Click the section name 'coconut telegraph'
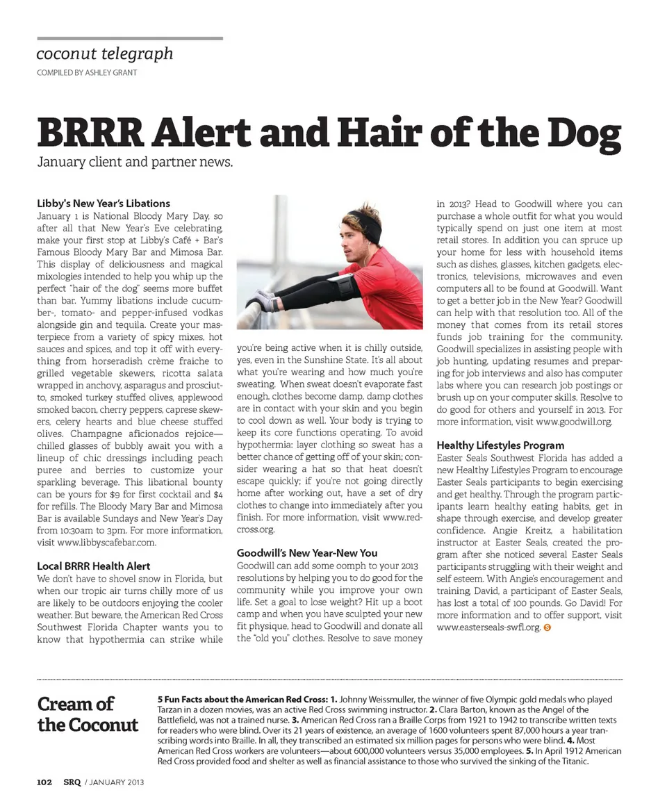(104, 54)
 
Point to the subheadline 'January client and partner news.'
(133, 165)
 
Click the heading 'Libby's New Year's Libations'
(103, 204)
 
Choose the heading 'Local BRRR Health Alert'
(93, 566)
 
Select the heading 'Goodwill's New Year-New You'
(307, 553)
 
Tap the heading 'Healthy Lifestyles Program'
(500, 445)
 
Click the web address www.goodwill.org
(574, 421)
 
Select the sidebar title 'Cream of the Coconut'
(88, 715)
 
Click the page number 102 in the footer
(44, 782)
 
